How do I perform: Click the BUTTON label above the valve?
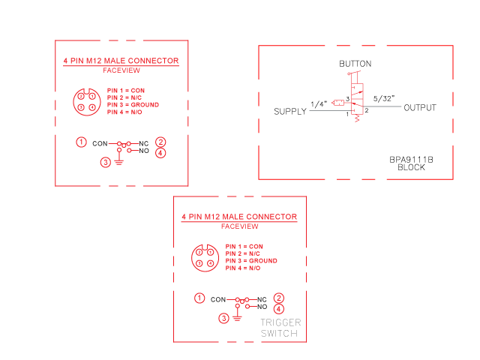point(355,64)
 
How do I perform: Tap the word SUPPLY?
point(290,112)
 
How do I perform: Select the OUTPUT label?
point(420,108)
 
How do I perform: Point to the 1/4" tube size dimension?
point(319,104)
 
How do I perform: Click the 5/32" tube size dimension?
point(384,98)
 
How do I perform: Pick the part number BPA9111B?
point(411,160)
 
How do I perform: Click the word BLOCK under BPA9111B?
point(411,167)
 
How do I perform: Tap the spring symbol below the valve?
point(357,118)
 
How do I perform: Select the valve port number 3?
point(348,99)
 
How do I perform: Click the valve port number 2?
point(367,110)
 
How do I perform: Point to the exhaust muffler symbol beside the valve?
point(338,103)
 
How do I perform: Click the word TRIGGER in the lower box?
point(280,322)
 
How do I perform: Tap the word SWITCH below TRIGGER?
point(279,333)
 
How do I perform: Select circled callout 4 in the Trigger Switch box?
point(278,309)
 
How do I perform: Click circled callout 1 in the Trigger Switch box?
point(199,298)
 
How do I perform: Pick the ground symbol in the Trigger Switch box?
point(237,318)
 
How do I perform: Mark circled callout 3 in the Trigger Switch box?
point(223,318)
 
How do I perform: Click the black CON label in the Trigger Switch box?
point(218,300)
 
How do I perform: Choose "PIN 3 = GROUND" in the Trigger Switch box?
point(251,261)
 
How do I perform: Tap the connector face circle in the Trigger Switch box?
point(191,258)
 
